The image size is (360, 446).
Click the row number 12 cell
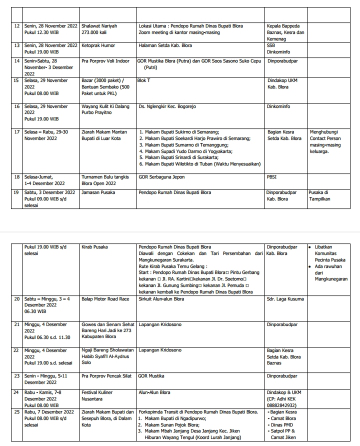click(x=17, y=26)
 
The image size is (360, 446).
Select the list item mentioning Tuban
click(x=200, y=164)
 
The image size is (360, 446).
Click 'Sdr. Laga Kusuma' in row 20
click(x=286, y=299)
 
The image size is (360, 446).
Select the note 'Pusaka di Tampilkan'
click(x=319, y=195)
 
